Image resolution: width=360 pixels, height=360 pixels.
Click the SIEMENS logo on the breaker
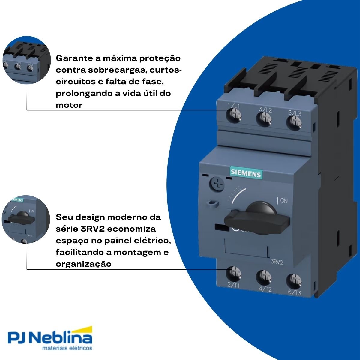tap(246, 172)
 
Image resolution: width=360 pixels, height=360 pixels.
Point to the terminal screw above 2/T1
tap(234, 274)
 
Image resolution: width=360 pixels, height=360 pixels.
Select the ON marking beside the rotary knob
tap(283, 201)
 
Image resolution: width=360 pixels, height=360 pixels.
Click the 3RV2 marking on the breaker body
tap(277, 262)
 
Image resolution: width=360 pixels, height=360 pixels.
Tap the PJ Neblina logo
tap(49, 337)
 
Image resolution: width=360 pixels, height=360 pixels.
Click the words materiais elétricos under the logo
tap(67, 349)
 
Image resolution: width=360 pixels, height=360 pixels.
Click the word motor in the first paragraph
tap(69, 105)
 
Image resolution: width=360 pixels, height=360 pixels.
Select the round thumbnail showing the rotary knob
tap(26, 220)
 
